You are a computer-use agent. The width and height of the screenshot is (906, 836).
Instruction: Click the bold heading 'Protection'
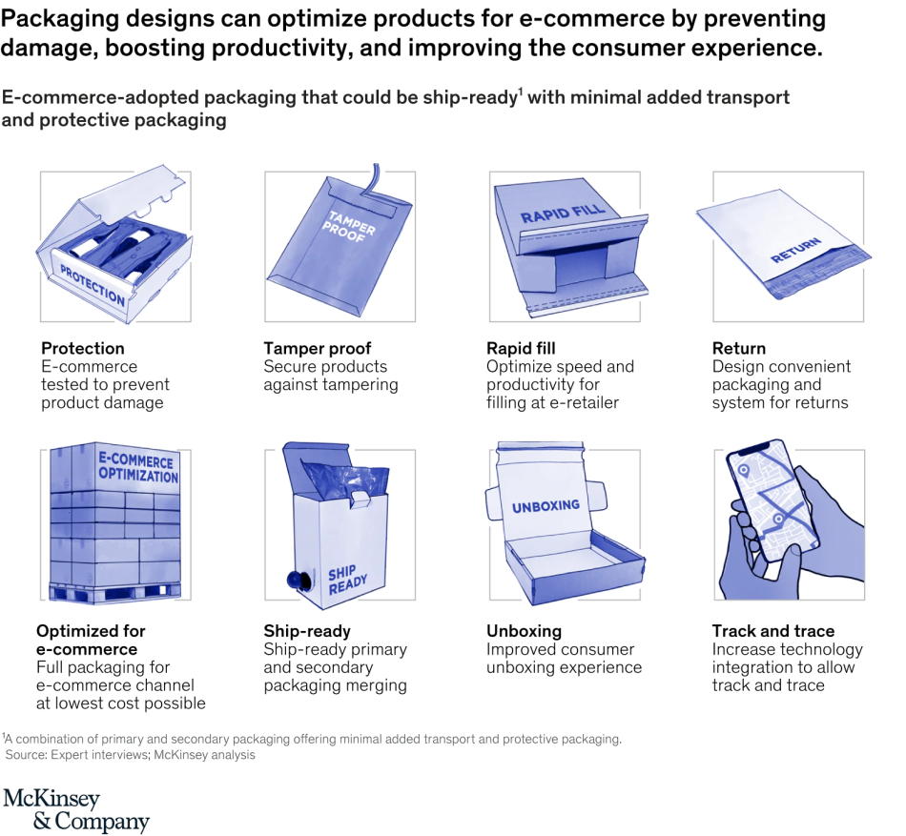(x=82, y=348)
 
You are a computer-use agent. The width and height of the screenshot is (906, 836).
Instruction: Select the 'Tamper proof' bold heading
(x=317, y=348)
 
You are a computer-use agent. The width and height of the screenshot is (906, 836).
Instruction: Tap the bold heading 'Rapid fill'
(x=521, y=348)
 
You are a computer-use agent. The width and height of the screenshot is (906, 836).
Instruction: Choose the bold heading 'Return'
(x=738, y=348)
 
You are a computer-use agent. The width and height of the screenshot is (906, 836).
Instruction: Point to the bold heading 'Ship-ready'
(x=307, y=631)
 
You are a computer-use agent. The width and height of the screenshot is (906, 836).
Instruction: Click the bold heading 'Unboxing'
(x=524, y=631)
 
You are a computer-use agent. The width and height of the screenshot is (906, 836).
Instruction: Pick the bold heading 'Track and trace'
(x=772, y=631)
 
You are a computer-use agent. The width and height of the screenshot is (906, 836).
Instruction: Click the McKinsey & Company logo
(x=76, y=810)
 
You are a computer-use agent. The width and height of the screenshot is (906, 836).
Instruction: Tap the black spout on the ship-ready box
(x=284, y=578)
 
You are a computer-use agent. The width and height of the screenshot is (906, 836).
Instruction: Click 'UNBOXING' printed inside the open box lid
(x=546, y=507)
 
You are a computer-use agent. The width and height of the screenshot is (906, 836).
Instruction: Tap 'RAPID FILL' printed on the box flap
(x=563, y=214)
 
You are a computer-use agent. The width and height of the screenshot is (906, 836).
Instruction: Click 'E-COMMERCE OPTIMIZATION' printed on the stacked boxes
(x=136, y=468)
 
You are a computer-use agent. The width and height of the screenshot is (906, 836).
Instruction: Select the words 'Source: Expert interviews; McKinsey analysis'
(x=131, y=755)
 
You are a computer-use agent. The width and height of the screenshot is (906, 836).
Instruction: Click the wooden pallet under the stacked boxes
(x=114, y=595)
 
